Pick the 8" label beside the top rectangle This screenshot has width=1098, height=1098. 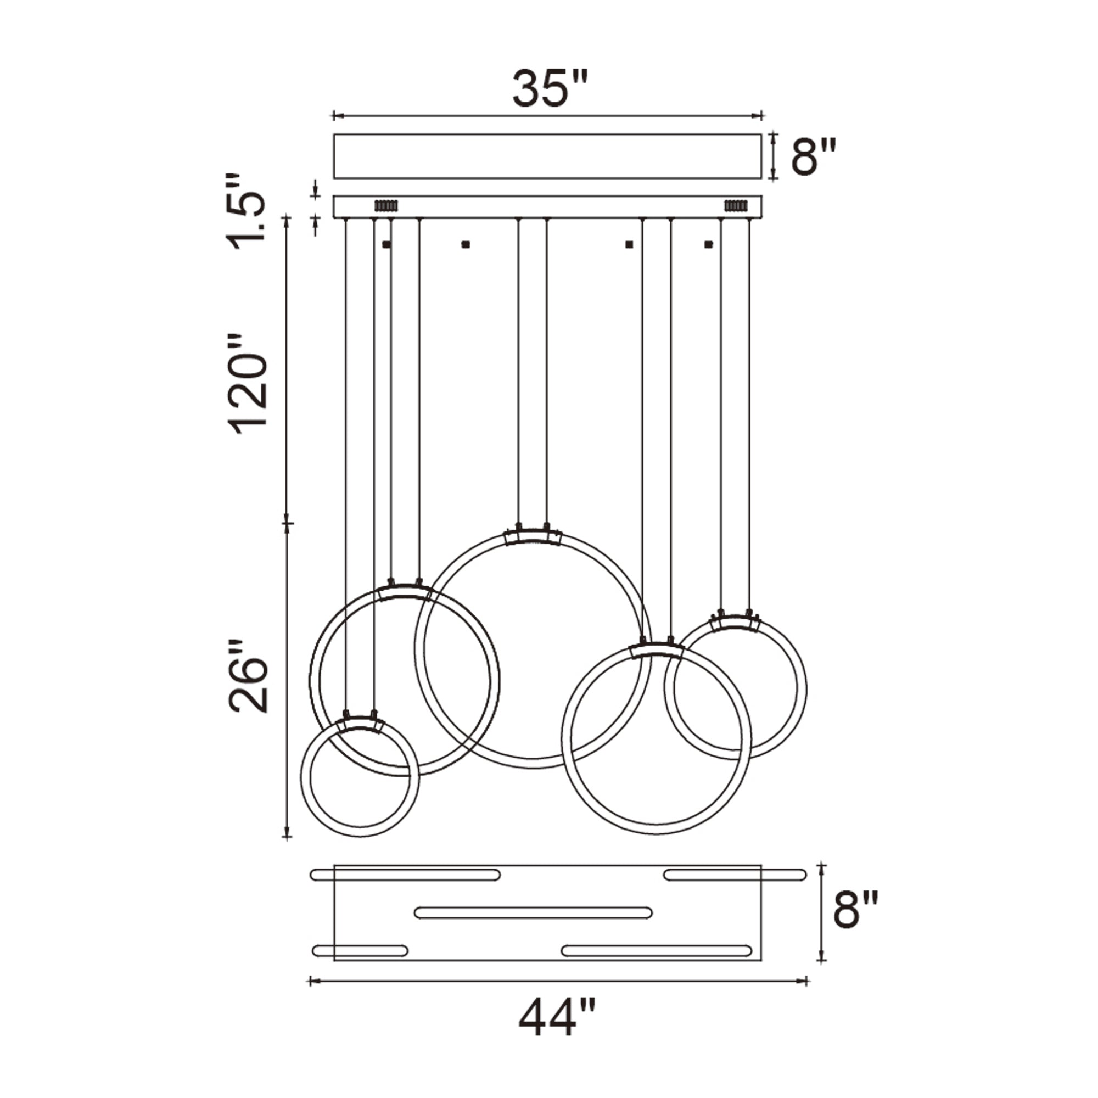click(x=813, y=158)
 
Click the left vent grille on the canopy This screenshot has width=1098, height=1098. click(x=386, y=205)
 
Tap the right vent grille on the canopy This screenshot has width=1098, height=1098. click(x=735, y=205)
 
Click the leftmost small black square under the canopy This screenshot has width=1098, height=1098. click(x=386, y=245)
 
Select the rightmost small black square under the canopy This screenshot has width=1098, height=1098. click(x=708, y=245)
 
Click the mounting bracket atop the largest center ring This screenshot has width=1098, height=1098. click(x=533, y=536)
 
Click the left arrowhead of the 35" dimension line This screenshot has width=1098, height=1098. click(x=336, y=116)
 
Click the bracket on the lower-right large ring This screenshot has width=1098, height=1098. click(x=657, y=651)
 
